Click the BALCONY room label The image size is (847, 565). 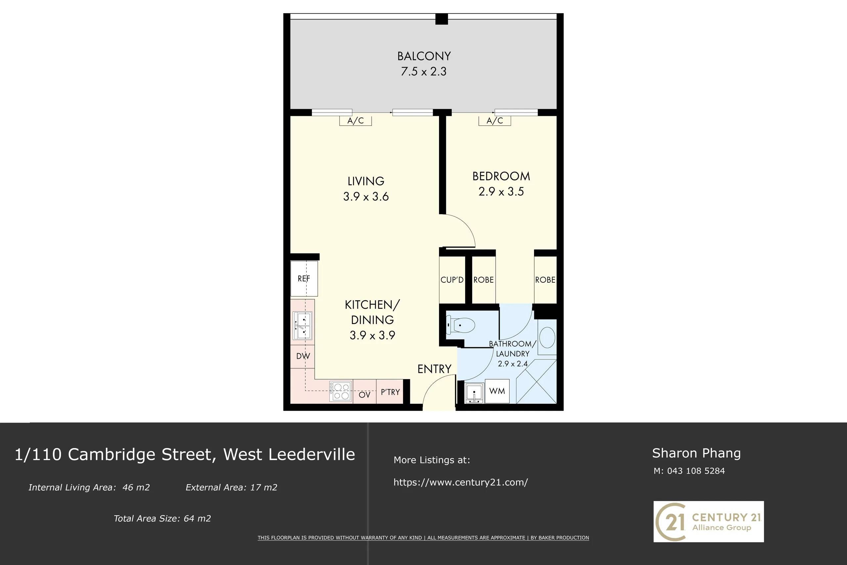pos(424,56)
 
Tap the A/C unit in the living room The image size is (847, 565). pos(355,121)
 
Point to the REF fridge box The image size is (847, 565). pos(304,279)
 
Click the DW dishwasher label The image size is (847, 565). pos(303,356)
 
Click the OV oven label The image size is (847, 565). pos(364,395)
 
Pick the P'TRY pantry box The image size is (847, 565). pos(390,391)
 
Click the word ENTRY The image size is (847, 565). pos(434,369)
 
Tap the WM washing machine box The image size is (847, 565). pos(497,391)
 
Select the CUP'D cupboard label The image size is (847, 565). pos(452,280)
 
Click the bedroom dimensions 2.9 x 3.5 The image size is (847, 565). pos(501,192)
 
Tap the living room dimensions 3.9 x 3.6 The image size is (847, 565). pos(366,197)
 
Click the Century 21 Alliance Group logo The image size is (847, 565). pos(708,521)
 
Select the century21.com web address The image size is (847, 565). pos(461,482)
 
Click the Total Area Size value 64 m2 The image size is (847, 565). pos(197,519)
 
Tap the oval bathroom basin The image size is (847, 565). pos(547,337)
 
